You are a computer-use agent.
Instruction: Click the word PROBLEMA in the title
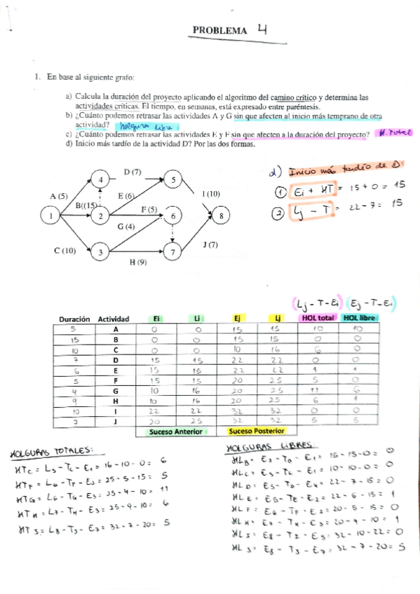point(219,32)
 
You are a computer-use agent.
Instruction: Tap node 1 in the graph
point(50,216)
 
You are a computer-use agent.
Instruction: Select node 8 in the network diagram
point(222,216)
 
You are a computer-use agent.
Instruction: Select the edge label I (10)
point(210,193)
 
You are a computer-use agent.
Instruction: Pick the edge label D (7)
point(133,172)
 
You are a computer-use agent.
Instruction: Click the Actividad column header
point(113,318)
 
